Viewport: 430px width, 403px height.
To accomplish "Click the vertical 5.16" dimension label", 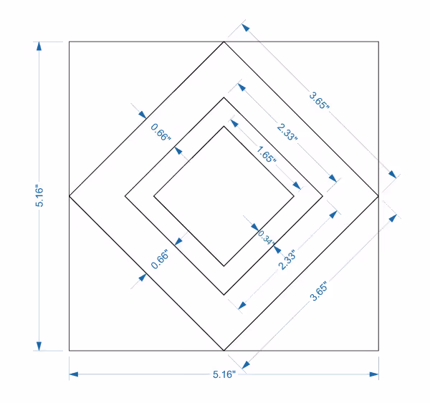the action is [40, 196].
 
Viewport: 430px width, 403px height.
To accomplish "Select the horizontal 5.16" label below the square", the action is [224, 374].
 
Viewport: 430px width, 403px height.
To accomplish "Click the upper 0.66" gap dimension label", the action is [161, 133].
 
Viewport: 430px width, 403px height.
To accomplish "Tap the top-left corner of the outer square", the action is [69, 42].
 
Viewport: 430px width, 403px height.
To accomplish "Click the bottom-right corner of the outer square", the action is [378, 351].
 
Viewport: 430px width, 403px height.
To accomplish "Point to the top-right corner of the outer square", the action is [378, 42].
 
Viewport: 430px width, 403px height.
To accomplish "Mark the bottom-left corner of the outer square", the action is [69, 351].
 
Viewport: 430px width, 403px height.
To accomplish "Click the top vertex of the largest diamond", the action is [224, 42].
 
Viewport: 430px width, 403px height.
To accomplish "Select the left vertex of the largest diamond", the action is [69, 195].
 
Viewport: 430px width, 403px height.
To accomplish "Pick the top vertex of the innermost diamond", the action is [224, 126].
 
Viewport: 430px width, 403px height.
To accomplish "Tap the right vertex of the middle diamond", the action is [322, 195].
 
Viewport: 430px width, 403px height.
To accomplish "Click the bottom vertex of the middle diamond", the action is [224, 294].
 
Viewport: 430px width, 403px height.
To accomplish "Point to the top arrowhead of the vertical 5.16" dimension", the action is [40, 46].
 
